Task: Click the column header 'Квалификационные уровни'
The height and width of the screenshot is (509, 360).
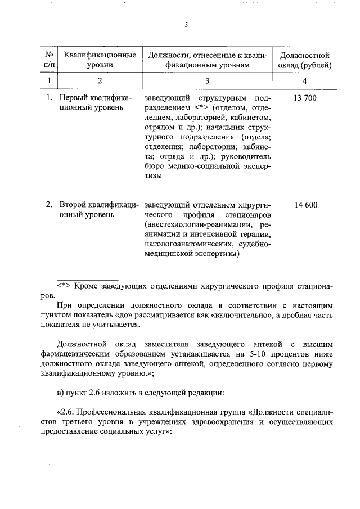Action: coord(100,60)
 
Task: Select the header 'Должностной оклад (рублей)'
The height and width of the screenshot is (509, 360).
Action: coord(304,60)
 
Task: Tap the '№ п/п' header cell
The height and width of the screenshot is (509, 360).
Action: coord(49,60)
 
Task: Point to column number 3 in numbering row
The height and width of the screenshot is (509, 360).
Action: coord(207,81)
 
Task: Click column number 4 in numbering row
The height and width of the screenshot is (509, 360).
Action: coord(304,81)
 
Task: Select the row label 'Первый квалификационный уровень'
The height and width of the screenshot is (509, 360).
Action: coord(94,103)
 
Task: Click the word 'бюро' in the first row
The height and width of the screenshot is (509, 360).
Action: coord(154,166)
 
